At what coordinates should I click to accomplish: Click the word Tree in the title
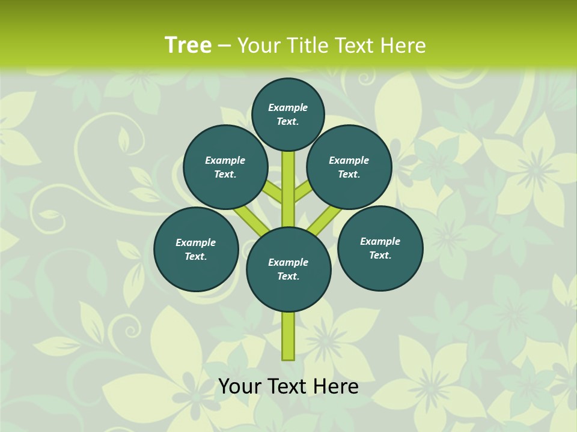[x=188, y=45]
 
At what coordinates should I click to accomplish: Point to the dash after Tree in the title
[x=224, y=46]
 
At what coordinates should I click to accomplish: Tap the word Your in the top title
[x=258, y=46]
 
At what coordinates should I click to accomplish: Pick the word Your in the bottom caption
[x=240, y=386]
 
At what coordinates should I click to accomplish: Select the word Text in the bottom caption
[x=288, y=386]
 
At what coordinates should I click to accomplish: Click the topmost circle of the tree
[x=288, y=114]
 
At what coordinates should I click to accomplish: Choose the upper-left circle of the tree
[x=225, y=167]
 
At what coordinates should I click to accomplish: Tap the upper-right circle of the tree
[x=349, y=167]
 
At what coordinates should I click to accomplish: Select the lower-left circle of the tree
[x=196, y=249]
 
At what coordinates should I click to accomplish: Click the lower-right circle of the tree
[x=380, y=248]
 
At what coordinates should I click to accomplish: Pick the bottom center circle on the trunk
[x=288, y=269]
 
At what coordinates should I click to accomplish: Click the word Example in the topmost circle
[x=288, y=107]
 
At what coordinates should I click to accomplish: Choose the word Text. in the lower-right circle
[x=380, y=255]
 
